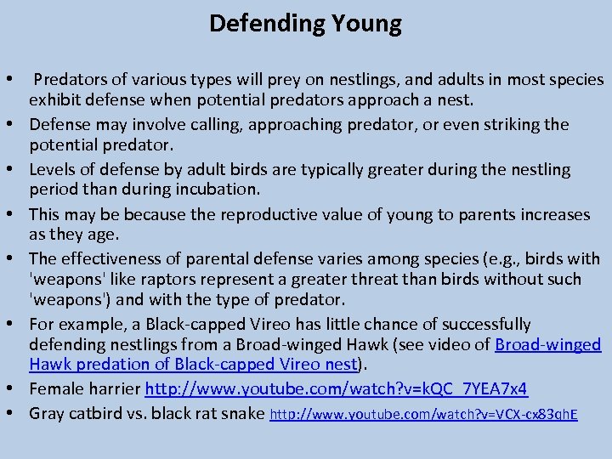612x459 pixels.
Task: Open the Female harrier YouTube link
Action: tap(337, 389)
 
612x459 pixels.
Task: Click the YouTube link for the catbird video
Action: tap(423, 415)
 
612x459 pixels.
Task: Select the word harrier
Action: tap(114, 389)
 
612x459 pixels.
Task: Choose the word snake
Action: tap(243, 415)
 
